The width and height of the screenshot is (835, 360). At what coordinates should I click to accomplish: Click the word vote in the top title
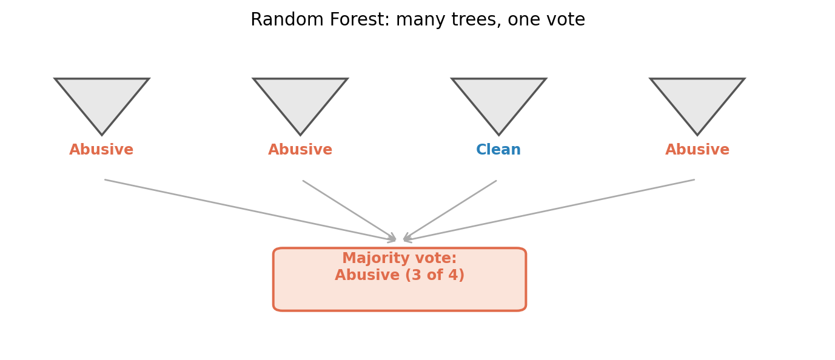pos(568,20)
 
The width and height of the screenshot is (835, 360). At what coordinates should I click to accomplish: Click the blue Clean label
pos(498,150)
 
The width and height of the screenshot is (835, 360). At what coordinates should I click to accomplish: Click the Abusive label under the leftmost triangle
pos(101,150)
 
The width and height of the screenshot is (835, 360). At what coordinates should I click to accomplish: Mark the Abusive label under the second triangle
pos(300,150)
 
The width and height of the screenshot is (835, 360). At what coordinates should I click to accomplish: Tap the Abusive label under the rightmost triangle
pos(697,150)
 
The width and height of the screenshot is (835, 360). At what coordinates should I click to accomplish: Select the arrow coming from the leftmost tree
pos(250,210)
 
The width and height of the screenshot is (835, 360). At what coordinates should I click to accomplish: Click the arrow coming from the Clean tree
pos(450,210)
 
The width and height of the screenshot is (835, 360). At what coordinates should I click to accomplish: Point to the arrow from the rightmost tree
pos(549,210)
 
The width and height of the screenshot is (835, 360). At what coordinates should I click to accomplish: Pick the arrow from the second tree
pos(350,210)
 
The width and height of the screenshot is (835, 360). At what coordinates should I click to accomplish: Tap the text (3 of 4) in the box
pos(435,275)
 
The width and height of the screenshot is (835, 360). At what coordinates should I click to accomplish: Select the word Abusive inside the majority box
pos(367,275)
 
